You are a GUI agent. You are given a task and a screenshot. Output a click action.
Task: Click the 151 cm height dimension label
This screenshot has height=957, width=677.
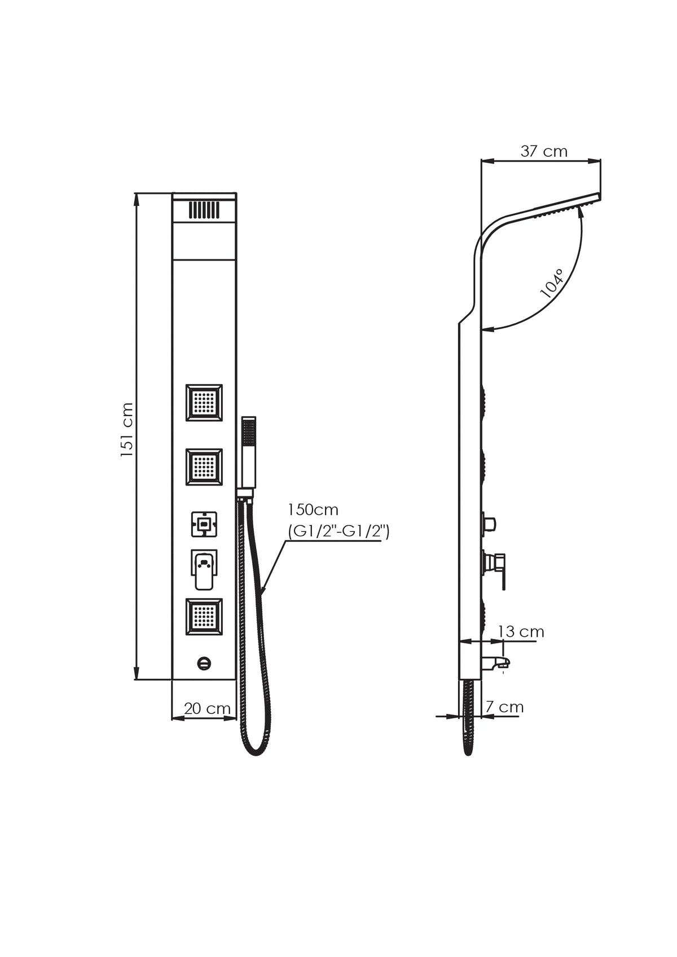tap(128, 430)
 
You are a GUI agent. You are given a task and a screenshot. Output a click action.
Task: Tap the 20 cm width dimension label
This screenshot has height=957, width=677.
tap(207, 708)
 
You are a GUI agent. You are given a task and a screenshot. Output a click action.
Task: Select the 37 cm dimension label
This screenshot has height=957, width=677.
tap(544, 151)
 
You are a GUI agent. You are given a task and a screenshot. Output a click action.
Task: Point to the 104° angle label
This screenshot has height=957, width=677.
tap(552, 284)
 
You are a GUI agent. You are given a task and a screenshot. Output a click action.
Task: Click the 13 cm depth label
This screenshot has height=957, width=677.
tap(521, 632)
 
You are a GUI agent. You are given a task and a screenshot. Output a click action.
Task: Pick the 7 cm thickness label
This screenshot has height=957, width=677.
tap(505, 707)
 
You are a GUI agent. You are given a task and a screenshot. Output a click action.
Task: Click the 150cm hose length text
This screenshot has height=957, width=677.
tap(313, 510)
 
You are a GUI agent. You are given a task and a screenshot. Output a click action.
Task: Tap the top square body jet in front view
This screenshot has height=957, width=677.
tap(204, 403)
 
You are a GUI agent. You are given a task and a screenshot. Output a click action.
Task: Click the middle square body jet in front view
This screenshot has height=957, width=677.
tap(204, 467)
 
